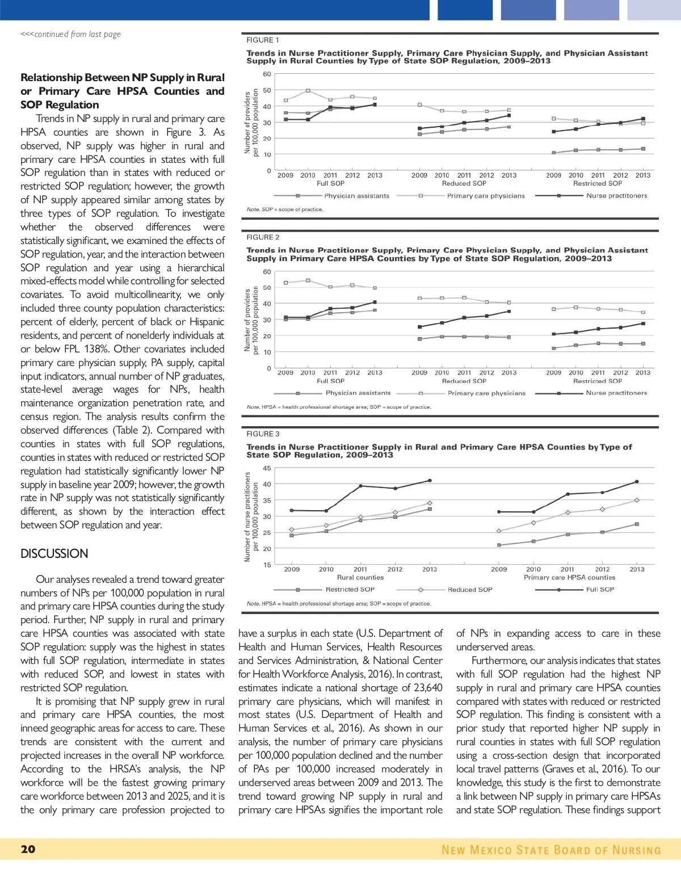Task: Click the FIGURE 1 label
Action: [262, 40]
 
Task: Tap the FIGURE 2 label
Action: [263, 237]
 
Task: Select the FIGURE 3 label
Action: [263, 434]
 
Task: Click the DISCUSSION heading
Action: [54, 554]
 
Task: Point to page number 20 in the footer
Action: [28, 849]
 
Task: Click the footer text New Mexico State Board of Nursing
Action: [551, 850]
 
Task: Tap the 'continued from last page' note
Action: [71, 34]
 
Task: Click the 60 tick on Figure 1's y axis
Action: [267, 74]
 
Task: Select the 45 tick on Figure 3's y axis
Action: [267, 468]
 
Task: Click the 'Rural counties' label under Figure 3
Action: [360, 577]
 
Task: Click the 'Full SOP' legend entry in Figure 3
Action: [600, 590]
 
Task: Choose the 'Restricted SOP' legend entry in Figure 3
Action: [350, 590]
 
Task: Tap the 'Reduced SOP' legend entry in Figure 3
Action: [470, 590]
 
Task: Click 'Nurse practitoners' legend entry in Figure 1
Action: [616, 196]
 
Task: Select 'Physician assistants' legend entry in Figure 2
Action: [358, 393]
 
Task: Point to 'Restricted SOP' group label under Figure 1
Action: [598, 183]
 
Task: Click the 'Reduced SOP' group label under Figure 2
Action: [464, 381]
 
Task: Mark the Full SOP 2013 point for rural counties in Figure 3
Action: [430, 481]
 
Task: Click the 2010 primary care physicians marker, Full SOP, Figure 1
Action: [308, 91]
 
